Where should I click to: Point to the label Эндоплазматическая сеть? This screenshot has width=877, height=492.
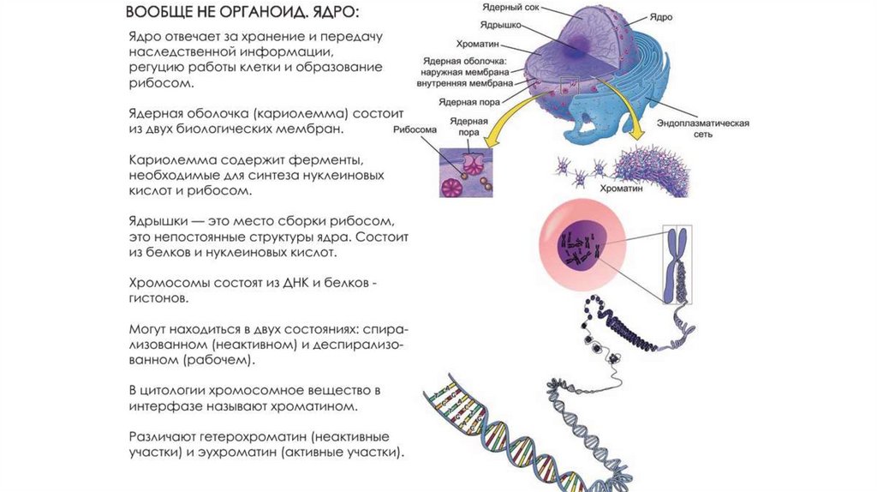[703, 129]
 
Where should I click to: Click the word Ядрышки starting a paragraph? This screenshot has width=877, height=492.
[158, 219]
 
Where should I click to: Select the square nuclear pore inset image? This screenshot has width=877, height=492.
[469, 171]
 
